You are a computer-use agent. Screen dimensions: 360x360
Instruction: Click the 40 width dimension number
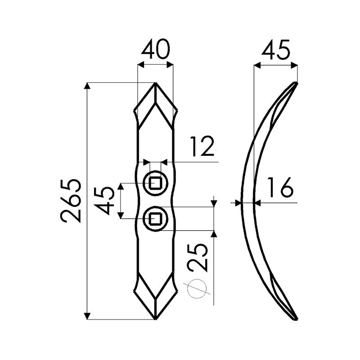155,50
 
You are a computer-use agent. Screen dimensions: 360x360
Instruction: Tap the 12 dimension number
202,147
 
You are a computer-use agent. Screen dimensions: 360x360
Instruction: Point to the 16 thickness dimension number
279,188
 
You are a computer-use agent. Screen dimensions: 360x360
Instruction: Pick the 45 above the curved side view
275,50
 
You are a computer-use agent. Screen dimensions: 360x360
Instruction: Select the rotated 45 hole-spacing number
104,201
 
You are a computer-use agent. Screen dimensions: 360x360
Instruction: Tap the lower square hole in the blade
155,219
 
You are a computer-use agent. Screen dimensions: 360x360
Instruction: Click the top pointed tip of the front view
155,84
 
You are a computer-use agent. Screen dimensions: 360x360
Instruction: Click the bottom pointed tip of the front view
155,319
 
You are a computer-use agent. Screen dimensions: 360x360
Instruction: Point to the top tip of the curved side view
296,83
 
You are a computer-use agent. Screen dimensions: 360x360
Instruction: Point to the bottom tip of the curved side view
296,319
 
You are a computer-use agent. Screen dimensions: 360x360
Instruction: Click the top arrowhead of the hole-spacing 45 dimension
121,186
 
